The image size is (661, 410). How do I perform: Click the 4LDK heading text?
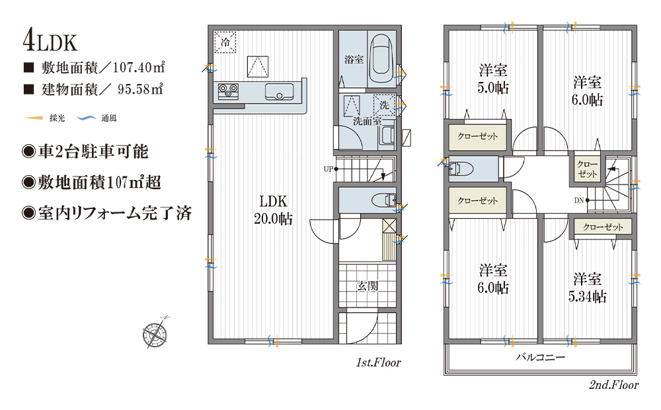coord(50,42)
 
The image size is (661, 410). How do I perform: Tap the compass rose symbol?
coord(155,333)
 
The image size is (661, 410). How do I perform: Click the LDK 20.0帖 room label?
coord(273,210)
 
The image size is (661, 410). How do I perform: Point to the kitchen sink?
coord(279,91)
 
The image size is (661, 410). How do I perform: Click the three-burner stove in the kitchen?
coord(228,91)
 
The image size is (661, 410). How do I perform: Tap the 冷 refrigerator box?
coord(225,42)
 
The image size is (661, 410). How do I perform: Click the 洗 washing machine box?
coord(385,104)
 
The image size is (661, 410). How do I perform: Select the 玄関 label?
coord(367,286)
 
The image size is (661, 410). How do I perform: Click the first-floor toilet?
coord(383,200)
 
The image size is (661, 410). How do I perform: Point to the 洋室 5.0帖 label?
coord(493,79)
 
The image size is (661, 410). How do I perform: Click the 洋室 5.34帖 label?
coord(587,288)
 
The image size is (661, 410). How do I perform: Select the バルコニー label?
coord(541,358)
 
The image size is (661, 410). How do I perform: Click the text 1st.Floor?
coord(379,362)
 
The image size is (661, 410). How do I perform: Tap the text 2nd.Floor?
coord(614,385)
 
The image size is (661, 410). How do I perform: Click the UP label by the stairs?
coord(329,169)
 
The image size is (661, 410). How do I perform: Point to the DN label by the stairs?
coord(579,200)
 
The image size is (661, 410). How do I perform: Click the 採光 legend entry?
coord(45,118)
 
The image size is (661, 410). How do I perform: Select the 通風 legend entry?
coord(97,118)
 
